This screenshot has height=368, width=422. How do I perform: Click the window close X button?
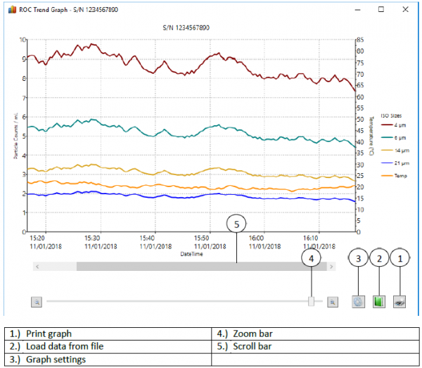pos(404,10)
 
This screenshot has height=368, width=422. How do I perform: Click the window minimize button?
pos(357,10)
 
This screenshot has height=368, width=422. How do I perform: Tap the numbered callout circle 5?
pos(237,224)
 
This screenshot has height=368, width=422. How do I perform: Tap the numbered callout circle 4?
pos(312,258)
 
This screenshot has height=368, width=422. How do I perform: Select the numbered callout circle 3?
pos(358,258)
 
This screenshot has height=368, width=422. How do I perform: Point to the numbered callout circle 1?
pos(402,258)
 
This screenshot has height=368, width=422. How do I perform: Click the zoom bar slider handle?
pos(311,301)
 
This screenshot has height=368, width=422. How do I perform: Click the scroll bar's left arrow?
pos(37,267)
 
